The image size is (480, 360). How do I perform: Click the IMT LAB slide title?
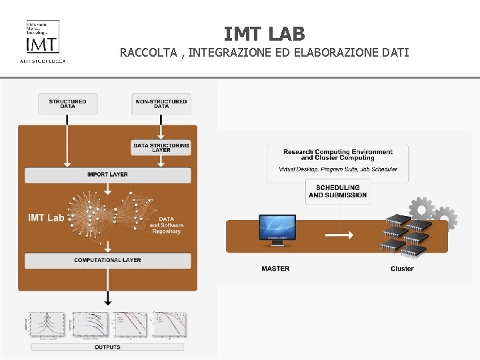tap(264, 33)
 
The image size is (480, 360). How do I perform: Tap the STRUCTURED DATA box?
tap(67, 103)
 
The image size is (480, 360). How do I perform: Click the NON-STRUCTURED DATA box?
tap(161, 103)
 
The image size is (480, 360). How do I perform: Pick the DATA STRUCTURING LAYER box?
tap(161, 147)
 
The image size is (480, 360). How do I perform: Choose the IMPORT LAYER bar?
tap(107, 175)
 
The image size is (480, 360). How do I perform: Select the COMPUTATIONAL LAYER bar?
tap(107, 260)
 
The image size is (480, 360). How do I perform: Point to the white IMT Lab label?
tap(46, 217)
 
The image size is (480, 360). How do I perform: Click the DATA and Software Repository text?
tap(166, 225)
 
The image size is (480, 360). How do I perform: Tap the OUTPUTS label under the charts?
tap(107, 347)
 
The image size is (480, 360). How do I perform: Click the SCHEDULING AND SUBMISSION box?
tap(337, 191)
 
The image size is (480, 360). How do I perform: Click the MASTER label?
tap(275, 269)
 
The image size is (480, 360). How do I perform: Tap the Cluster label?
tap(402, 269)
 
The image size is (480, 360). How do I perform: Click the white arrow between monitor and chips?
tap(339, 235)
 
